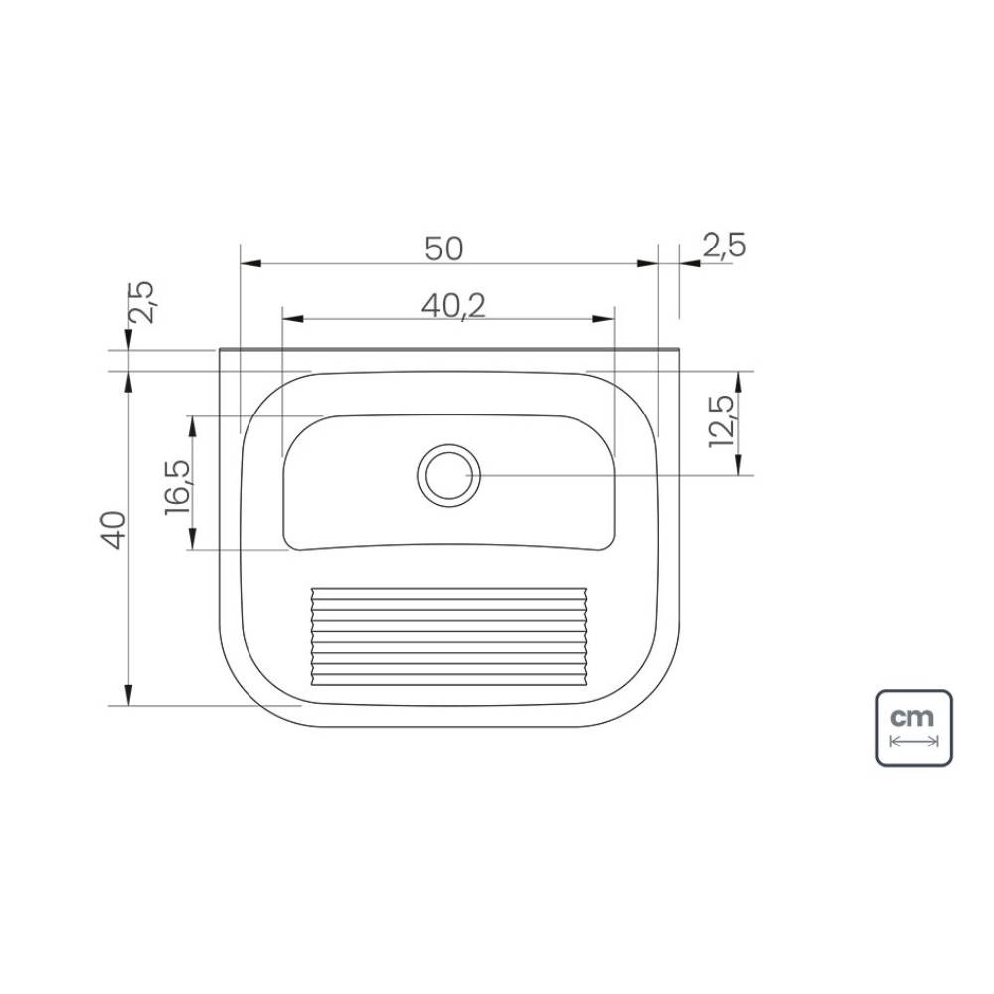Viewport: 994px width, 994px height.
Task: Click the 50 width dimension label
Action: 443,248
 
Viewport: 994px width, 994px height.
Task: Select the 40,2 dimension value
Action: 454,307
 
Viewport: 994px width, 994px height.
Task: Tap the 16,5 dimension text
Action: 178,487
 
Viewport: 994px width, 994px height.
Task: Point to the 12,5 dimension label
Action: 722,420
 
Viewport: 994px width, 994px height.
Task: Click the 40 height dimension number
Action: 114,530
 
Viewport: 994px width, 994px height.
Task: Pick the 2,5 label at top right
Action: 724,246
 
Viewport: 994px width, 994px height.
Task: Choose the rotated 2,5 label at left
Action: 141,302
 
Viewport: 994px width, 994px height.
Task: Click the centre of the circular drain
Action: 449,475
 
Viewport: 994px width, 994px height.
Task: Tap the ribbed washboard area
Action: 449,636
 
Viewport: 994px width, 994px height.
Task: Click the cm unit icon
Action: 913,728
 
